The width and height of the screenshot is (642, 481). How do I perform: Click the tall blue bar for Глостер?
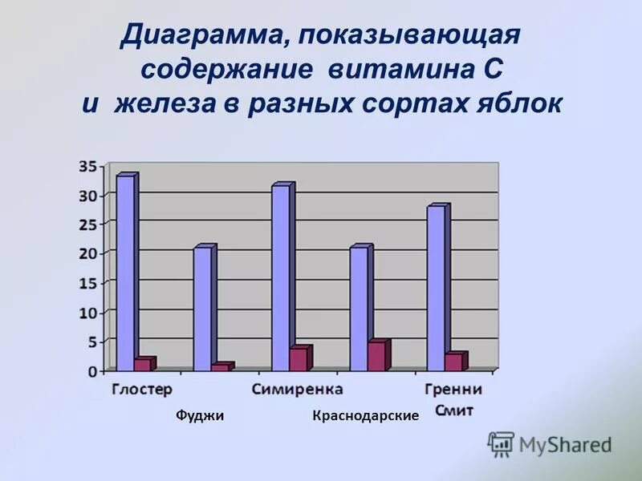pos(125,273)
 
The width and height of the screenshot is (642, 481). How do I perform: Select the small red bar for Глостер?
pos(142,365)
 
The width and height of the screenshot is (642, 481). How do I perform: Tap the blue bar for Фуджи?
pos(202,309)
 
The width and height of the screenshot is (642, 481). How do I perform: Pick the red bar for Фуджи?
pos(219,367)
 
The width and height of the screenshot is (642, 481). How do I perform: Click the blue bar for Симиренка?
pos(281,277)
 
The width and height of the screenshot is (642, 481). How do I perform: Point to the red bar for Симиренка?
pos(298,359)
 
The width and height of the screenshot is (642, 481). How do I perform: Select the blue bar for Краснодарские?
pos(359,309)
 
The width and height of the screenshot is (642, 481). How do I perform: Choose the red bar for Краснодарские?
pos(376,356)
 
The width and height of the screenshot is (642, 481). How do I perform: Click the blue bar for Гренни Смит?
pos(436,288)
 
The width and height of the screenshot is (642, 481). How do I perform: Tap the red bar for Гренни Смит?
pos(453,362)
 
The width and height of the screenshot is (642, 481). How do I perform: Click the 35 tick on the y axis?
pos(88,167)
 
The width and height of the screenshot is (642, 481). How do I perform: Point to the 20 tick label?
pos(88,253)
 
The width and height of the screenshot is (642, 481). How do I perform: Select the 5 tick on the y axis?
pos(92,342)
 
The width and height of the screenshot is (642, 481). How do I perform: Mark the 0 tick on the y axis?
pos(92,371)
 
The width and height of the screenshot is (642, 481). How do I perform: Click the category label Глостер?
pos(142,390)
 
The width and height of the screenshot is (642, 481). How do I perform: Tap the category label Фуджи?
pos(199,415)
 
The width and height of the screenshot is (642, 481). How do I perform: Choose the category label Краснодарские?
pos(366,415)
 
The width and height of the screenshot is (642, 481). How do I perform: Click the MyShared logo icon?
pos(501,443)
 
